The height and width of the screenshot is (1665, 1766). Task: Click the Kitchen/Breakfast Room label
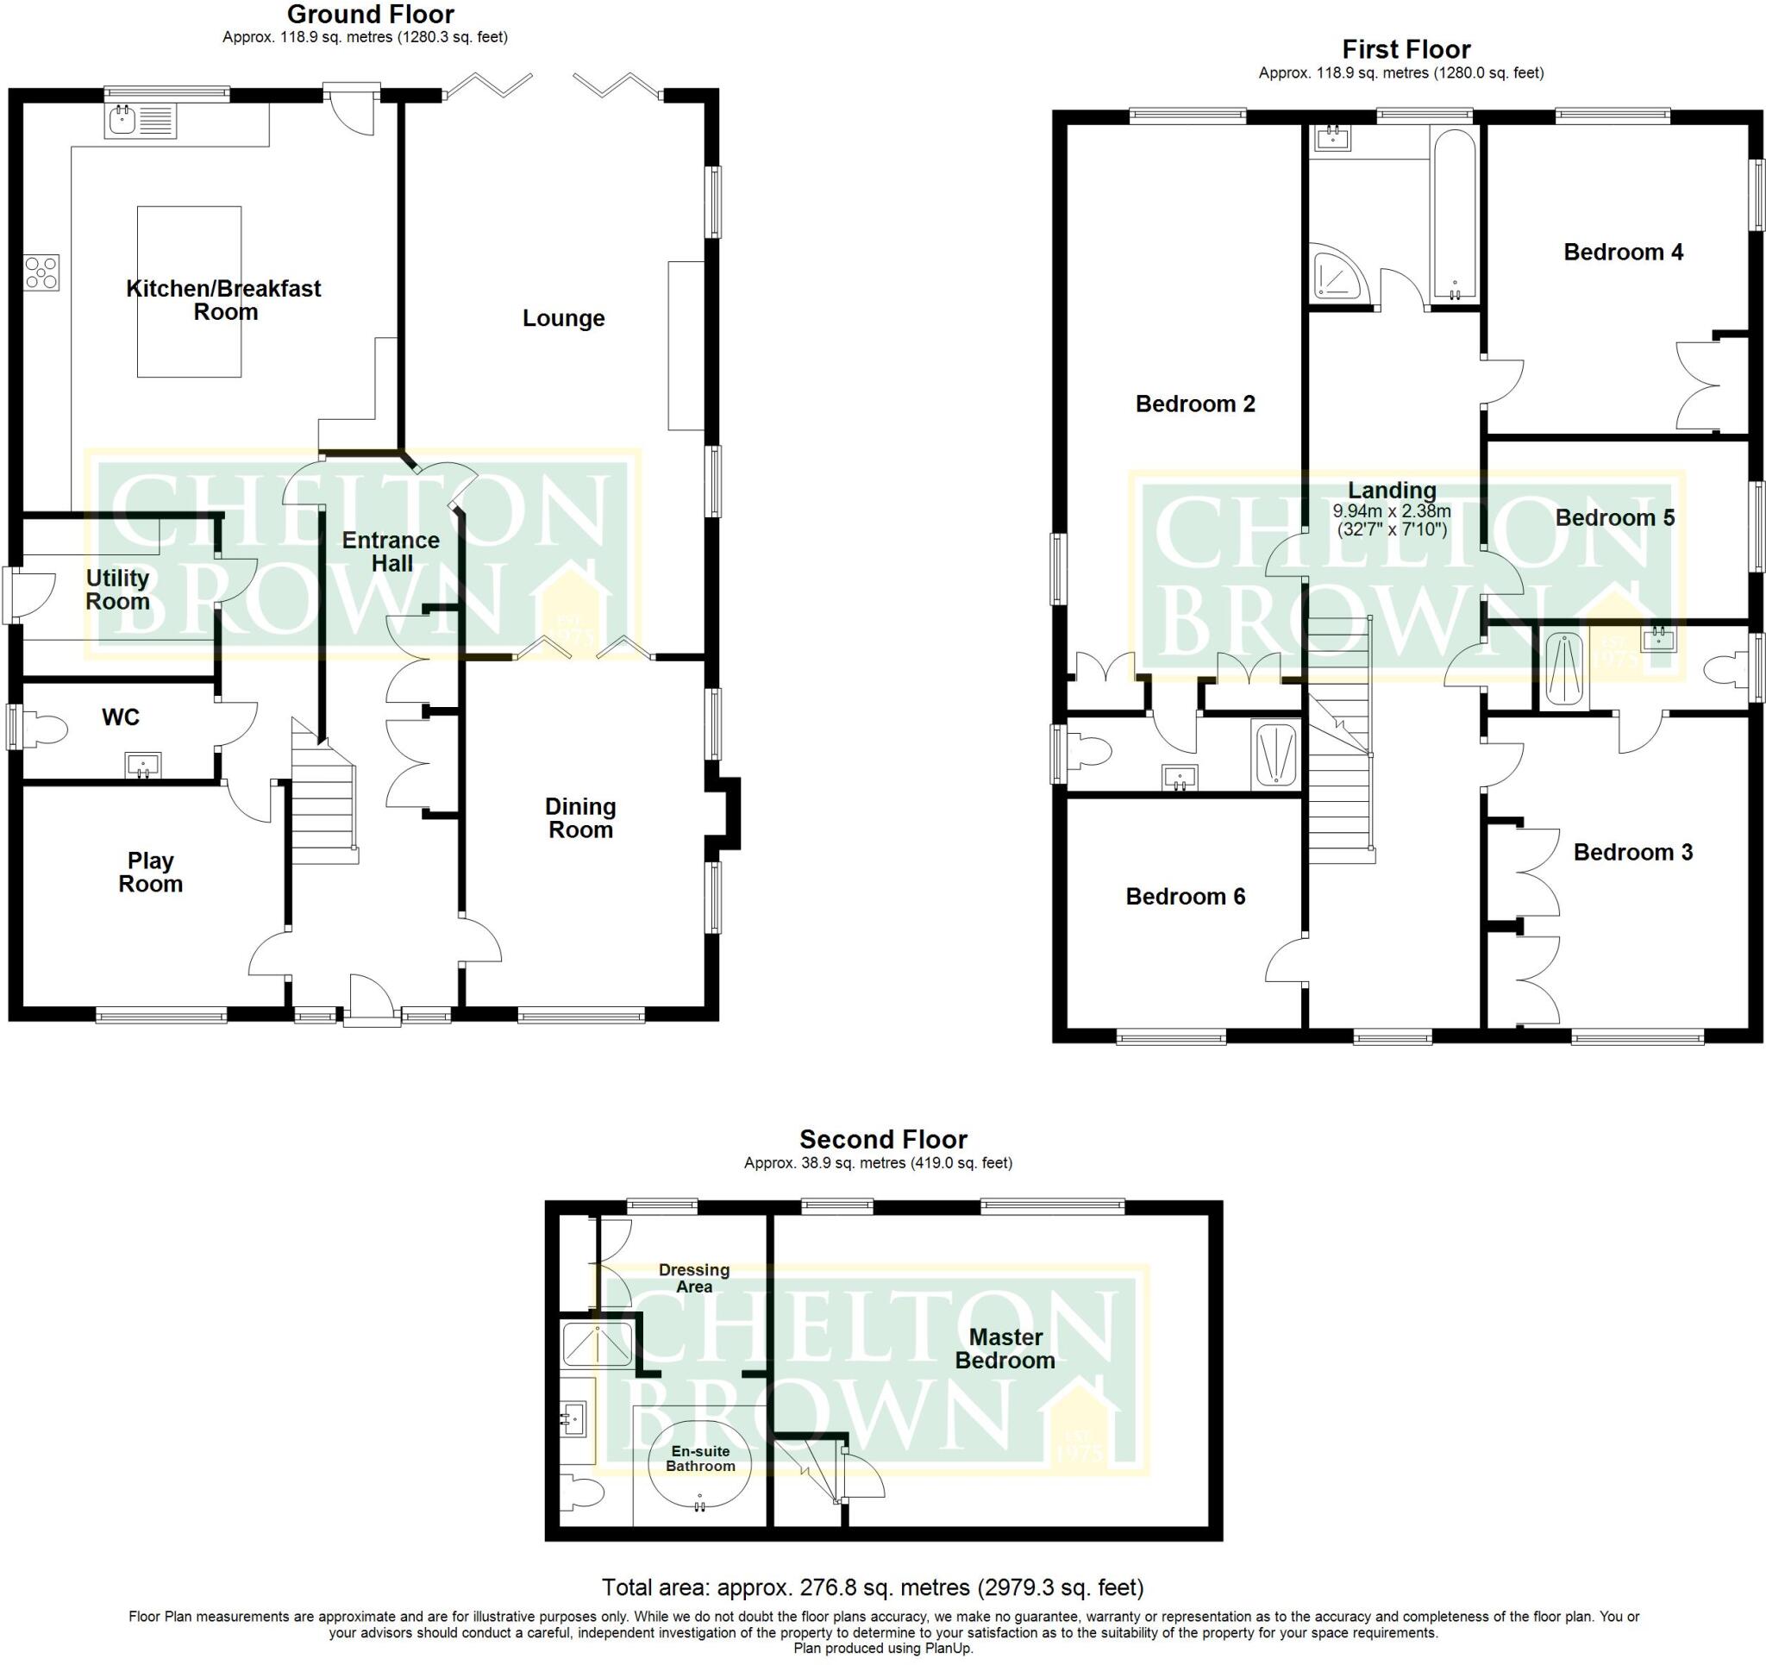(x=224, y=300)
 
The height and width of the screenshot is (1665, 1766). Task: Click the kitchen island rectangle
(x=189, y=291)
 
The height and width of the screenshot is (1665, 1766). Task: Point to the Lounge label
(x=563, y=318)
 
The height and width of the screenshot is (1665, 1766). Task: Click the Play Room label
(x=151, y=873)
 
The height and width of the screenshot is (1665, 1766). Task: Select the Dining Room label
(x=580, y=818)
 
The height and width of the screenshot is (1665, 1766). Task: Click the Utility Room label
(x=117, y=590)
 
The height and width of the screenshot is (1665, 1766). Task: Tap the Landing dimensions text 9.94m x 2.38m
(x=1392, y=512)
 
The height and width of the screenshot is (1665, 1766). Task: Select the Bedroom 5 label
(x=1614, y=518)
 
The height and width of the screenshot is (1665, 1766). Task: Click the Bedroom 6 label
(x=1185, y=897)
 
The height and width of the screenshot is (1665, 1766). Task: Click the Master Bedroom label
(x=1005, y=1349)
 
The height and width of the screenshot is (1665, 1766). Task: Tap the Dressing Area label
(x=694, y=1279)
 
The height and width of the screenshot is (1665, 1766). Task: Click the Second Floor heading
(x=883, y=1139)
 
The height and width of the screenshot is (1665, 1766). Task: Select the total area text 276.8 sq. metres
(x=873, y=1587)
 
